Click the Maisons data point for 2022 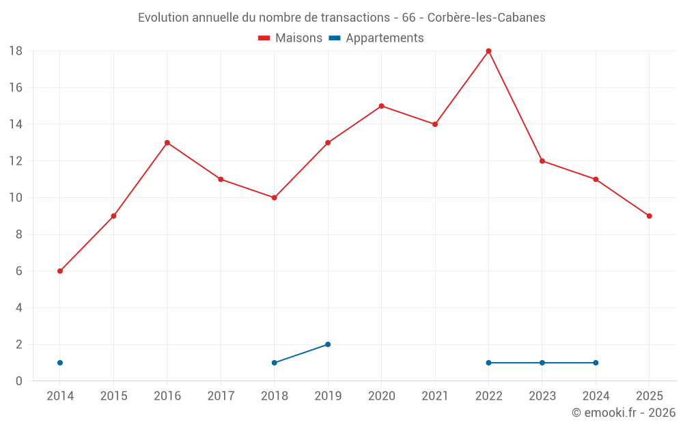[x=488, y=51]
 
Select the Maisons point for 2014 [x=60, y=271]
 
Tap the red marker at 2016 [x=167, y=143]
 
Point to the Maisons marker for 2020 [x=381, y=106]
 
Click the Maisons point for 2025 [x=650, y=216]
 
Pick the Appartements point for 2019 [x=328, y=344]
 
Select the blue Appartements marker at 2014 [x=60, y=363]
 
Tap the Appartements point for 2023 [x=542, y=363]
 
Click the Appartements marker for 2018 [x=275, y=363]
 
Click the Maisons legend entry [x=290, y=38]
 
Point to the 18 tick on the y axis [x=16, y=51]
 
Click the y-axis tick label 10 [x=16, y=198]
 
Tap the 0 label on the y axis [x=19, y=381]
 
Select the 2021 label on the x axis [x=435, y=396]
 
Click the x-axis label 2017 [x=221, y=396]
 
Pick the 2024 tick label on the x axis [x=596, y=396]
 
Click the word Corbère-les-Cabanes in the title [x=486, y=18]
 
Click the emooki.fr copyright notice [x=624, y=413]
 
